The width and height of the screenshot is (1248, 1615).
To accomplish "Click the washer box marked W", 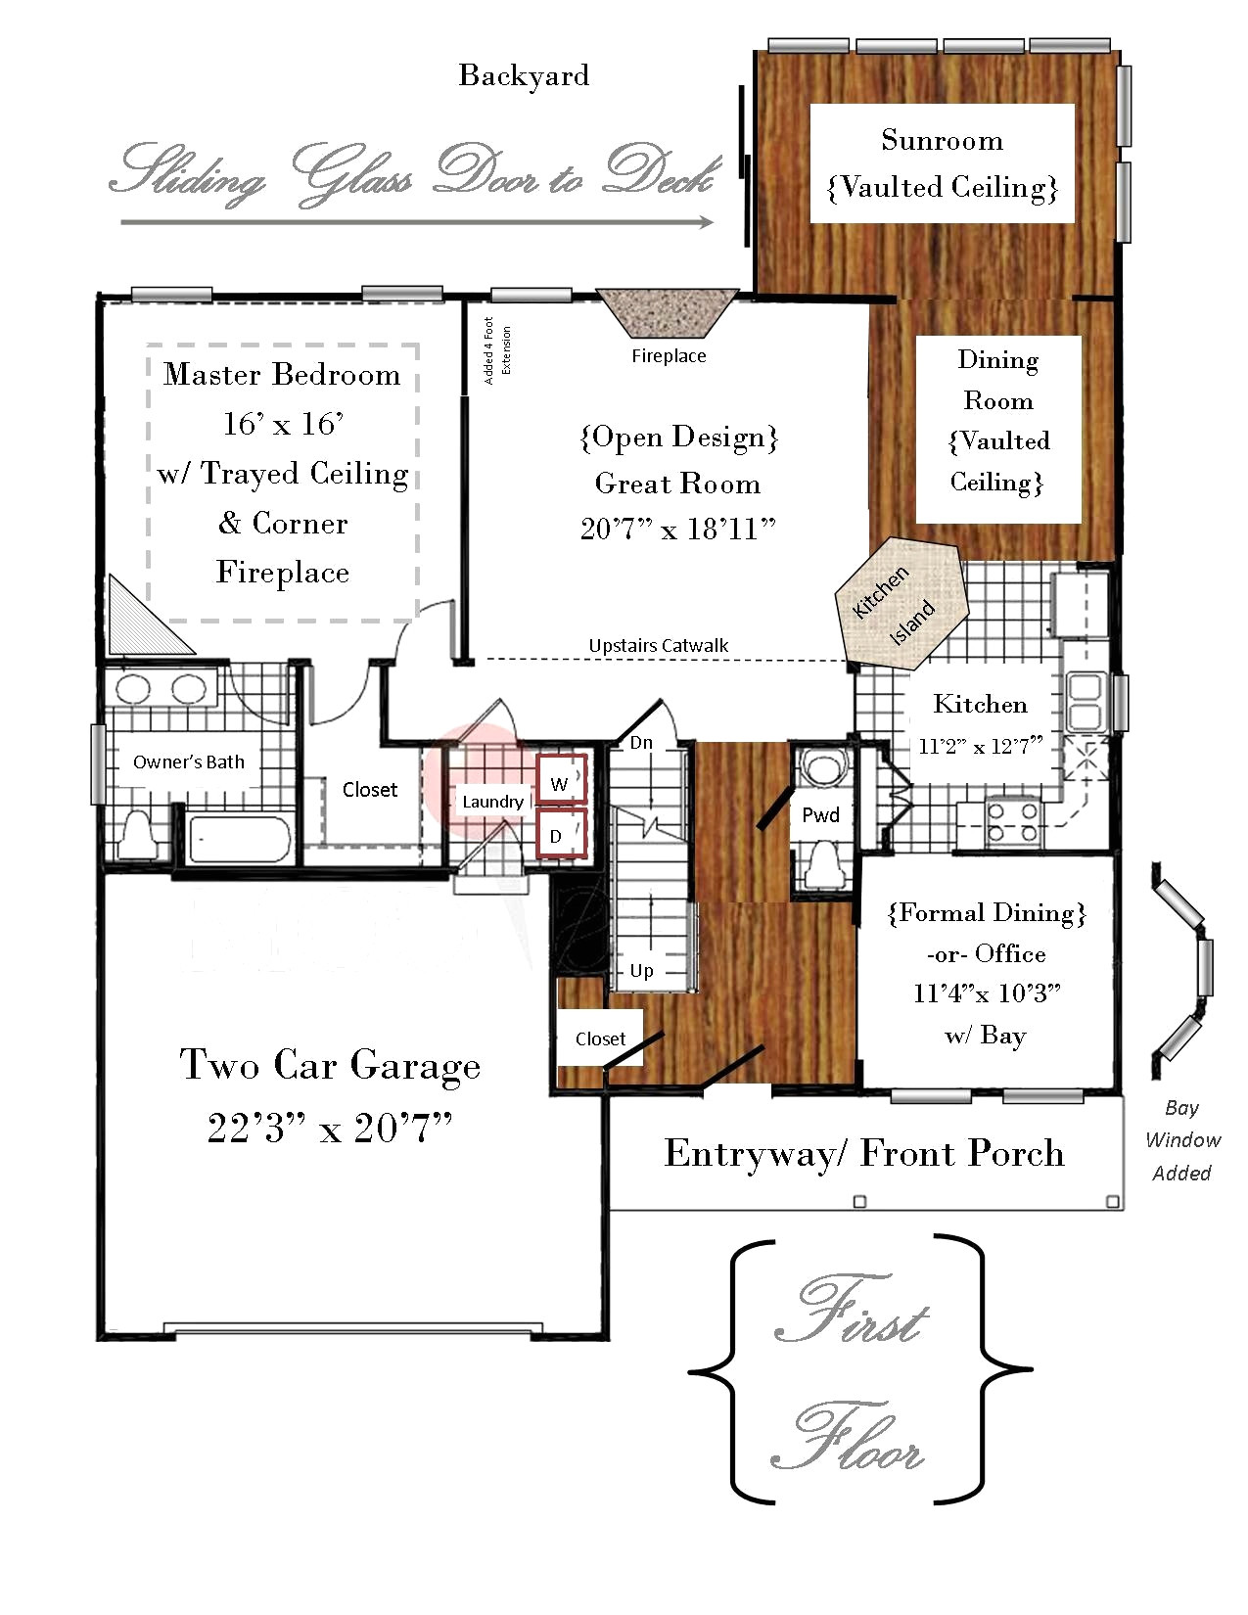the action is click(562, 778).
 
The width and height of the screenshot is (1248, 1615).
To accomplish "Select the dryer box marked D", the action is click(562, 833).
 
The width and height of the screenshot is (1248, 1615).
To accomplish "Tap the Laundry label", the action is click(492, 802).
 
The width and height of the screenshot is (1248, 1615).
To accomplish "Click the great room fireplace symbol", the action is click(668, 313).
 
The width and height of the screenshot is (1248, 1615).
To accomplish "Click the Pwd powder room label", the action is click(820, 815).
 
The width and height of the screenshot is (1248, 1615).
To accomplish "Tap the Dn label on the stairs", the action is click(641, 743).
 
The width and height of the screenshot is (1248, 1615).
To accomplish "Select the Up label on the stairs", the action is click(641, 971).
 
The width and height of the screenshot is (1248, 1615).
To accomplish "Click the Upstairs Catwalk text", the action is click(659, 645).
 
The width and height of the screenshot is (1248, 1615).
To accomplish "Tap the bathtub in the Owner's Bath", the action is click(240, 840).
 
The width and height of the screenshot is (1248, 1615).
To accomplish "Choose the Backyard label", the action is click(524, 75).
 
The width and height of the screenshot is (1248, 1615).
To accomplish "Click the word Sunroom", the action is click(942, 140).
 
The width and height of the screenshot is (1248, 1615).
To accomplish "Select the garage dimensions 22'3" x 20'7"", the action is click(330, 1128).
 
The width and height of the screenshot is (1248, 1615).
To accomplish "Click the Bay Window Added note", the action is click(1181, 1140).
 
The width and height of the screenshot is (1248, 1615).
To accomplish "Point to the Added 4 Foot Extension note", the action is click(497, 350).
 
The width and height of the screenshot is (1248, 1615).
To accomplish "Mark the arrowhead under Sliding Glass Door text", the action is click(706, 221).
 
